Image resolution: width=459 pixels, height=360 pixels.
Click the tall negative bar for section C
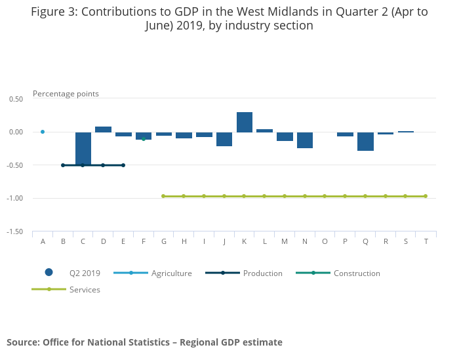83,149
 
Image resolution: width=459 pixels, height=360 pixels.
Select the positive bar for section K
245,122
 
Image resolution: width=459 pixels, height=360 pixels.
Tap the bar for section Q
365,142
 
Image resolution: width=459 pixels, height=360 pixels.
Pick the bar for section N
305,140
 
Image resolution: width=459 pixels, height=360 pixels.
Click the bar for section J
224,139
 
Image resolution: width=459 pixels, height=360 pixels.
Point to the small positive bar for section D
104,129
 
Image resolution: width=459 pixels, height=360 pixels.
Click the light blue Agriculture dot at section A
43,132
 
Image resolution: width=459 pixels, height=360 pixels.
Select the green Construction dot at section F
144,139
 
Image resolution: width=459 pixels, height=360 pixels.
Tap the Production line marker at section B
63,165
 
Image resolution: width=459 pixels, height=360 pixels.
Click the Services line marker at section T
426,196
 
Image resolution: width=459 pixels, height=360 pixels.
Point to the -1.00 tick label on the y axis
14,198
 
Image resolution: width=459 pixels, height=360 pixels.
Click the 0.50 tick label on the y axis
16,99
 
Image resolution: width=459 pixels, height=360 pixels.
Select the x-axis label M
285,241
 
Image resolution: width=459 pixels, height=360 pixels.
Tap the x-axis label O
325,241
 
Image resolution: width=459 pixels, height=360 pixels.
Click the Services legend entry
66,289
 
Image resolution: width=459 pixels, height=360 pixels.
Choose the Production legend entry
244,273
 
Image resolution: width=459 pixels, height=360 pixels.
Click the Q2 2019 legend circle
49,273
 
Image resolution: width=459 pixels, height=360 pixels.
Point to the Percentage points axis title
66,94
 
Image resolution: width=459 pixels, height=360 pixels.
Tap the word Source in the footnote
23,342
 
